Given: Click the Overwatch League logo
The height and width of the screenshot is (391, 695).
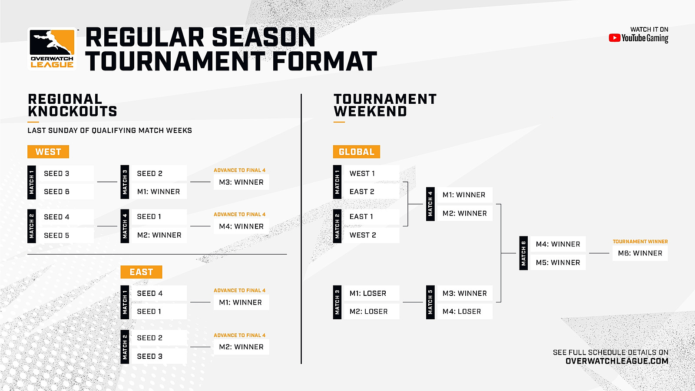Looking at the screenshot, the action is pyautogui.click(x=52, y=49).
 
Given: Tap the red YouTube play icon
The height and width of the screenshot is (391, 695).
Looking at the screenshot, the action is pyautogui.click(x=614, y=38).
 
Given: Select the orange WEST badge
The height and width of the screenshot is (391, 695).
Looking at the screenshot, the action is pyautogui.click(x=48, y=152).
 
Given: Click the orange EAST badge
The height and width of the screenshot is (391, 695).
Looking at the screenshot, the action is pyautogui.click(x=141, y=272).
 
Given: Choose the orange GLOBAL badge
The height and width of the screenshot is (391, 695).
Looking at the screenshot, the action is pyautogui.click(x=357, y=152).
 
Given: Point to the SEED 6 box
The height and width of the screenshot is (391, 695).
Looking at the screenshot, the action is pyautogui.click(x=65, y=192).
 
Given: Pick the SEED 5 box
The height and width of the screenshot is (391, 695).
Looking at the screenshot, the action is pyautogui.click(x=65, y=235).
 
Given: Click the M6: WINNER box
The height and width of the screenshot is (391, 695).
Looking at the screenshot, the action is pyautogui.click(x=640, y=253).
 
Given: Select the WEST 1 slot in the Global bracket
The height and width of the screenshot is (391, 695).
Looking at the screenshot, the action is pyautogui.click(x=371, y=173).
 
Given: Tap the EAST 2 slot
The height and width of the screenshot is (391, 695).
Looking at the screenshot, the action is pyautogui.click(x=371, y=192).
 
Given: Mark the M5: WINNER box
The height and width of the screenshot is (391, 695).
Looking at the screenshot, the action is pyautogui.click(x=558, y=262).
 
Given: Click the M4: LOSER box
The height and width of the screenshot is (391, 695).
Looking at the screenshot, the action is pyautogui.click(x=465, y=311).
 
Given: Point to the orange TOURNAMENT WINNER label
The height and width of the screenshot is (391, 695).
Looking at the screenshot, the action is pyautogui.click(x=640, y=242).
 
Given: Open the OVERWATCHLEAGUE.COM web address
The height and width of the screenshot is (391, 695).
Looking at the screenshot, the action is pyautogui.click(x=617, y=361).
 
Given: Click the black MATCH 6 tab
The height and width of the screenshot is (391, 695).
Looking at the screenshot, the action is pyautogui.click(x=523, y=253).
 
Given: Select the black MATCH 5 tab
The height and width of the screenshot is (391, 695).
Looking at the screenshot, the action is pyautogui.click(x=430, y=302).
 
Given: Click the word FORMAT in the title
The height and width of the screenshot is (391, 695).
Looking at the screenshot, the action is pyautogui.click(x=324, y=61).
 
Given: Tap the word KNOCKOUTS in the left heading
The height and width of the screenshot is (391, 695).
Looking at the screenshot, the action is pyautogui.click(x=72, y=111).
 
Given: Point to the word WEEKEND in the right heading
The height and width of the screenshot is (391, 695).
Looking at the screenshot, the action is pyautogui.click(x=370, y=111).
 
